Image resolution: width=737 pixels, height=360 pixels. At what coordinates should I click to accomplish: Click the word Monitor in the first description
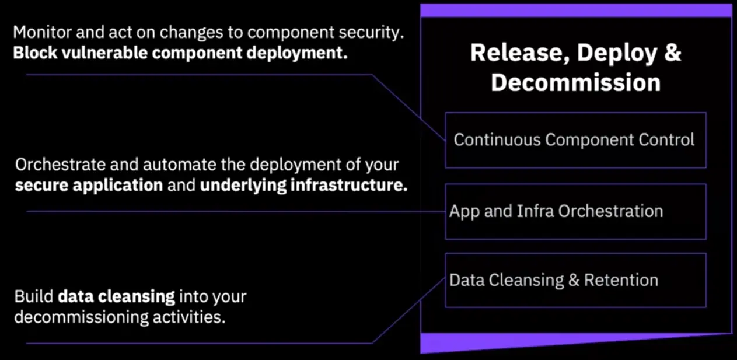pyautogui.click(x=42, y=32)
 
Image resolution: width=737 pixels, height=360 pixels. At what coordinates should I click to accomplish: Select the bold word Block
pyautogui.click(x=35, y=53)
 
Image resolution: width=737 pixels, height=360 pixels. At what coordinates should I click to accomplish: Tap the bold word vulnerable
pyautogui.click(x=104, y=53)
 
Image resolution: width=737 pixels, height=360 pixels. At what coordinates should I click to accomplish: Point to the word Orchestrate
pyautogui.click(x=60, y=165)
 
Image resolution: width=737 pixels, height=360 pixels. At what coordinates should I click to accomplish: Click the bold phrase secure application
pyautogui.click(x=89, y=186)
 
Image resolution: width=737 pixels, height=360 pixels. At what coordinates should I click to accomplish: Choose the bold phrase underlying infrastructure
pyautogui.click(x=303, y=186)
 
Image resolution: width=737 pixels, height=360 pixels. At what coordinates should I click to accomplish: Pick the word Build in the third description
pyautogui.click(x=34, y=296)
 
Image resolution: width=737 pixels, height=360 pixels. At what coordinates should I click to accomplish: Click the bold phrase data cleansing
pyautogui.click(x=117, y=297)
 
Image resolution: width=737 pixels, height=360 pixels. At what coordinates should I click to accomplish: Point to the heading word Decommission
pyautogui.click(x=576, y=82)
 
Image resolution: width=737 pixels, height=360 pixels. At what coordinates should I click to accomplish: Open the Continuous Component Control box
pyautogui.click(x=576, y=140)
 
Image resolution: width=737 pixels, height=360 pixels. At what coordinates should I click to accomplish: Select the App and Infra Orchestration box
pyautogui.click(x=576, y=212)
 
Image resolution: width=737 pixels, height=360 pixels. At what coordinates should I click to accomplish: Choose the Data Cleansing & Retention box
pyautogui.click(x=576, y=281)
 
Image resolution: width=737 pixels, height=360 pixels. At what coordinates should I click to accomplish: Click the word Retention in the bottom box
pyautogui.click(x=621, y=281)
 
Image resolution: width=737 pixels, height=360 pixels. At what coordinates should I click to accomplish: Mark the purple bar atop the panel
pyautogui.click(x=576, y=11)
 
